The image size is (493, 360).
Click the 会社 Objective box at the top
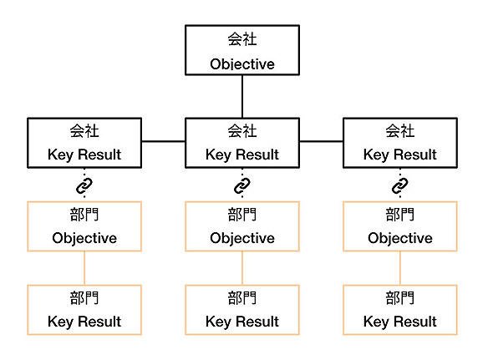(x=242, y=50)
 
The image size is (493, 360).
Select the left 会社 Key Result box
(x=84, y=143)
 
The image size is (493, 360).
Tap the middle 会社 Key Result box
(x=242, y=143)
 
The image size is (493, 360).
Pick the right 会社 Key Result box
(x=400, y=143)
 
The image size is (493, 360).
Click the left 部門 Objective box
(x=84, y=226)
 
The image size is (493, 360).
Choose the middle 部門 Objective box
(x=242, y=226)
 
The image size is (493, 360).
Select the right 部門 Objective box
(x=400, y=226)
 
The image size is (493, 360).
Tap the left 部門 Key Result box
(x=84, y=310)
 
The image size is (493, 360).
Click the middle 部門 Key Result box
(x=242, y=310)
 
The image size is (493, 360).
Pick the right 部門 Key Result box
(x=400, y=310)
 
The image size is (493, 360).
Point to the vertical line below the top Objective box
(x=242, y=97)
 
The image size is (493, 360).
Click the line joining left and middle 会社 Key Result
(x=164, y=141)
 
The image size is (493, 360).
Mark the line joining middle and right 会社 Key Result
(x=321, y=141)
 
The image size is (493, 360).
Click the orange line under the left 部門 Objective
(x=84, y=268)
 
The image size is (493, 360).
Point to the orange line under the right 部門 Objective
(x=400, y=268)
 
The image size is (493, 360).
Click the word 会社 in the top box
(x=242, y=39)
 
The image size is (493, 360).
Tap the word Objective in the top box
(x=242, y=64)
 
